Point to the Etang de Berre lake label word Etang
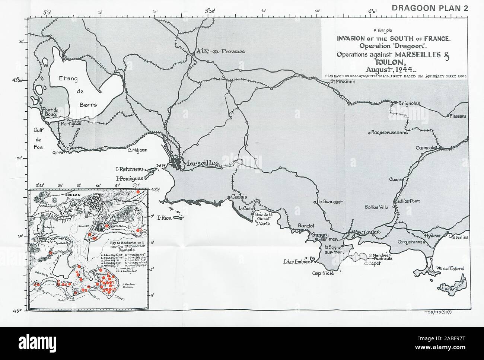click(68, 79)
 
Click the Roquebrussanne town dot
click(369, 133)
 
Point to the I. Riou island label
click(164, 218)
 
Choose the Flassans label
click(458, 116)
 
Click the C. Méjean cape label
click(137, 150)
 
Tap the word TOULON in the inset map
click(73, 194)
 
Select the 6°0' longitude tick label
click(373, 12)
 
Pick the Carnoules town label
click(426, 148)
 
